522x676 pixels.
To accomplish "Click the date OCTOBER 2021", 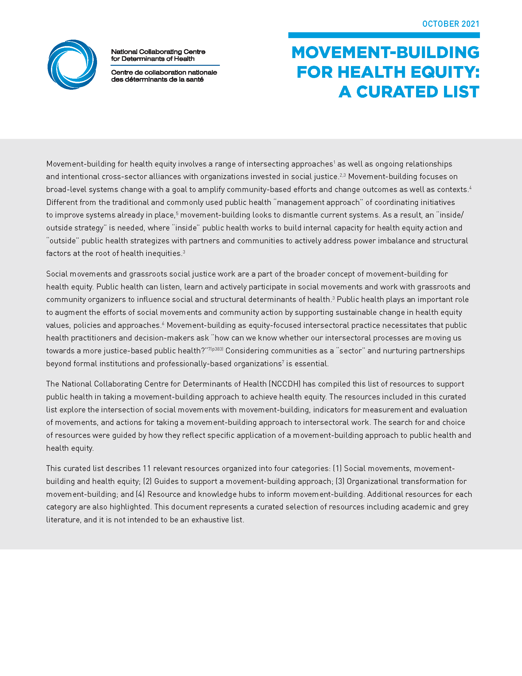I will click(x=450, y=24).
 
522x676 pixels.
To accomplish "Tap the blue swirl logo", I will click(x=72, y=65).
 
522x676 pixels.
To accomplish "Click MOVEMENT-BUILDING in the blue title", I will click(x=385, y=52).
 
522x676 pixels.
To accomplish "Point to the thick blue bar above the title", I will click(x=384, y=35).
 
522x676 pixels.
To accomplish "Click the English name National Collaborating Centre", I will click(x=158, y=52).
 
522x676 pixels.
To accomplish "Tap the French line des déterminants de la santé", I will click(x=157, y=80).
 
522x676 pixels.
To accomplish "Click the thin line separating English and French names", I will click(x=165, y=65).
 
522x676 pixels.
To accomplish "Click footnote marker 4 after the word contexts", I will click(x=470, y=187).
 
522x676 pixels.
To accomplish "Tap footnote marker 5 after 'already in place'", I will click(x=177, y=213).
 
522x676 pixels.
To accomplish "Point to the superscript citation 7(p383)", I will click(x=215, y=349).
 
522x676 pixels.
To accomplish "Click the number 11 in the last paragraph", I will click(x=146, y=469).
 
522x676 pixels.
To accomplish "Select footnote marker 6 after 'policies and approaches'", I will click(x=163, y=324).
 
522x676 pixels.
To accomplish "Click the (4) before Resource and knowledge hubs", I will click(x=140, y=494).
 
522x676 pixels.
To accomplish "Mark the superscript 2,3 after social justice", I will click(x=342, y=175).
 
